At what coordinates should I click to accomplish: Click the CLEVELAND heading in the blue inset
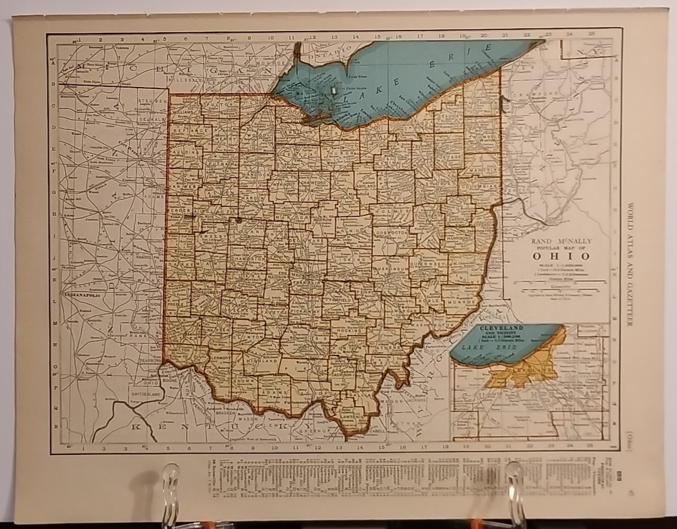tap(501, 328)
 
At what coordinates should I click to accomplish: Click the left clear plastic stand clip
tap(170, 480)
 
